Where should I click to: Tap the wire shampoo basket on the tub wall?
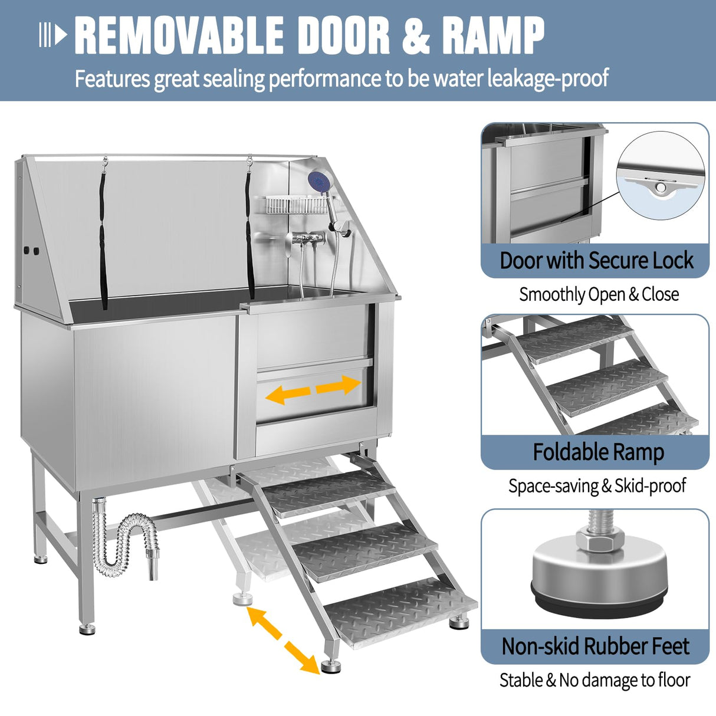click(295, 205)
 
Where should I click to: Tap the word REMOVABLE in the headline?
click(179, 36)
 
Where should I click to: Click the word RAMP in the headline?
click(493, 36)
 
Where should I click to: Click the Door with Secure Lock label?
click(596, 261)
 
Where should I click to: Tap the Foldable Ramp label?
click(598, 452)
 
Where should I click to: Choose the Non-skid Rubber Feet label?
click(595, 646)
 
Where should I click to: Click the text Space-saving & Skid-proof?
click(597, 486)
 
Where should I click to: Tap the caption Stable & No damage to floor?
click(595, 680)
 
